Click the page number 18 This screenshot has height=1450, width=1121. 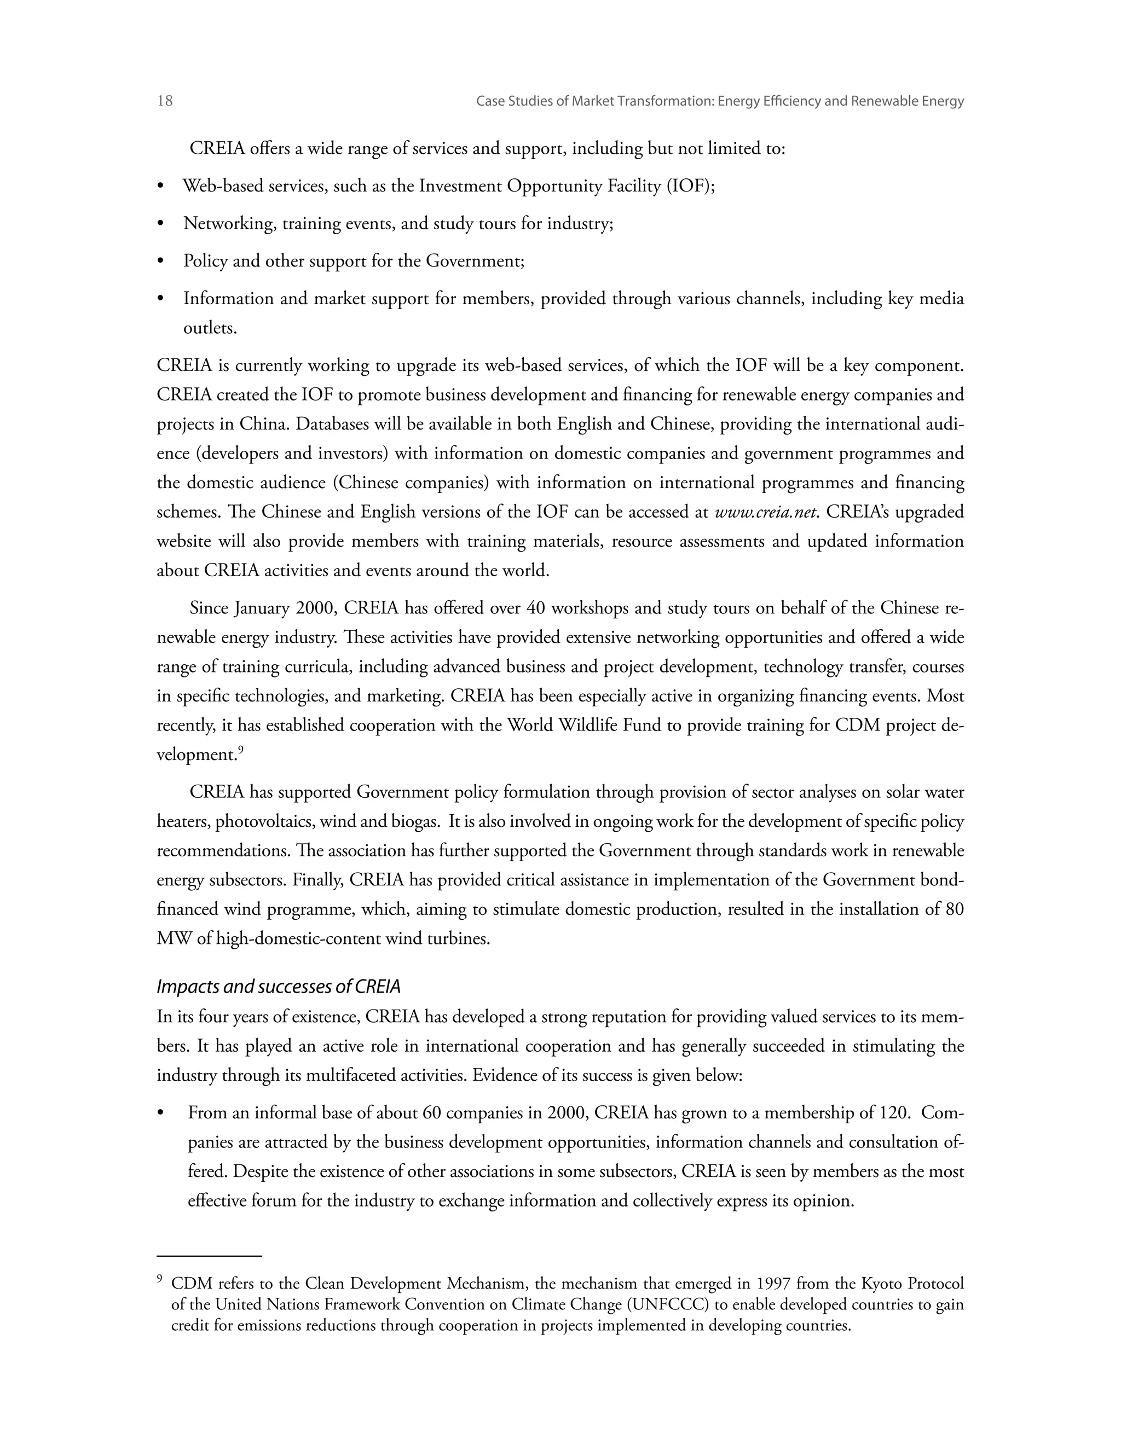point(165,101)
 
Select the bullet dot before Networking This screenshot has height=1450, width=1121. point(161,224)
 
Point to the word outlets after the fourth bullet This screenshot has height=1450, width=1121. point(210,328)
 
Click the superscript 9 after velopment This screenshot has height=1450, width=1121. point(241,751)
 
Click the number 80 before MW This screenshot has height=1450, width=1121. point(954,909)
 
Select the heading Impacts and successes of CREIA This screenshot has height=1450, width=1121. point(278,987)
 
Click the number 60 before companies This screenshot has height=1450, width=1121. point(432,1113)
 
